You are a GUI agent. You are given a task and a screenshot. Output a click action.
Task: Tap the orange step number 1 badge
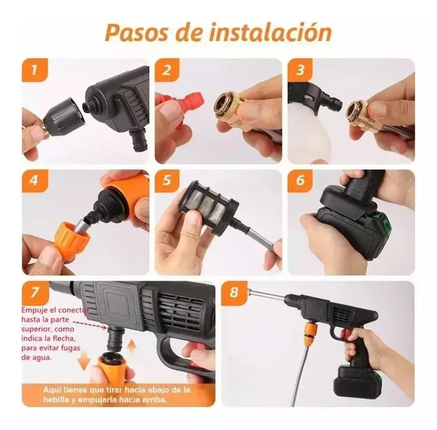click(x=34, y=70)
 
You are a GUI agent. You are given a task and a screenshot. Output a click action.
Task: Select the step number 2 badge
click(x=167, y=70)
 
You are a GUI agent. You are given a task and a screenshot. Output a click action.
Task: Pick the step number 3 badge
click(x=300, y=70)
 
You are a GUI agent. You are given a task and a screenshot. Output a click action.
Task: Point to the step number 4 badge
click(x=34, y=181)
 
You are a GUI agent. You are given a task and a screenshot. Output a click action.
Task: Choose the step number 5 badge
click(x=167, y=181)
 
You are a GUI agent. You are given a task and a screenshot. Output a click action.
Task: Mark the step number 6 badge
click(x=300, y=181)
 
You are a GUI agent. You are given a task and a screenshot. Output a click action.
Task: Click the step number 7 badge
click(x=35, y=292)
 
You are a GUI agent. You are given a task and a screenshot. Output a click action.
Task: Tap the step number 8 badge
click(x=234, y=292)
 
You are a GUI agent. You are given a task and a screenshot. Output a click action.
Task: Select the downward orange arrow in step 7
click(x=84, y=361)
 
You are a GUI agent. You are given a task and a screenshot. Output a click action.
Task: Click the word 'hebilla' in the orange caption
click(x=56, y=399)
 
